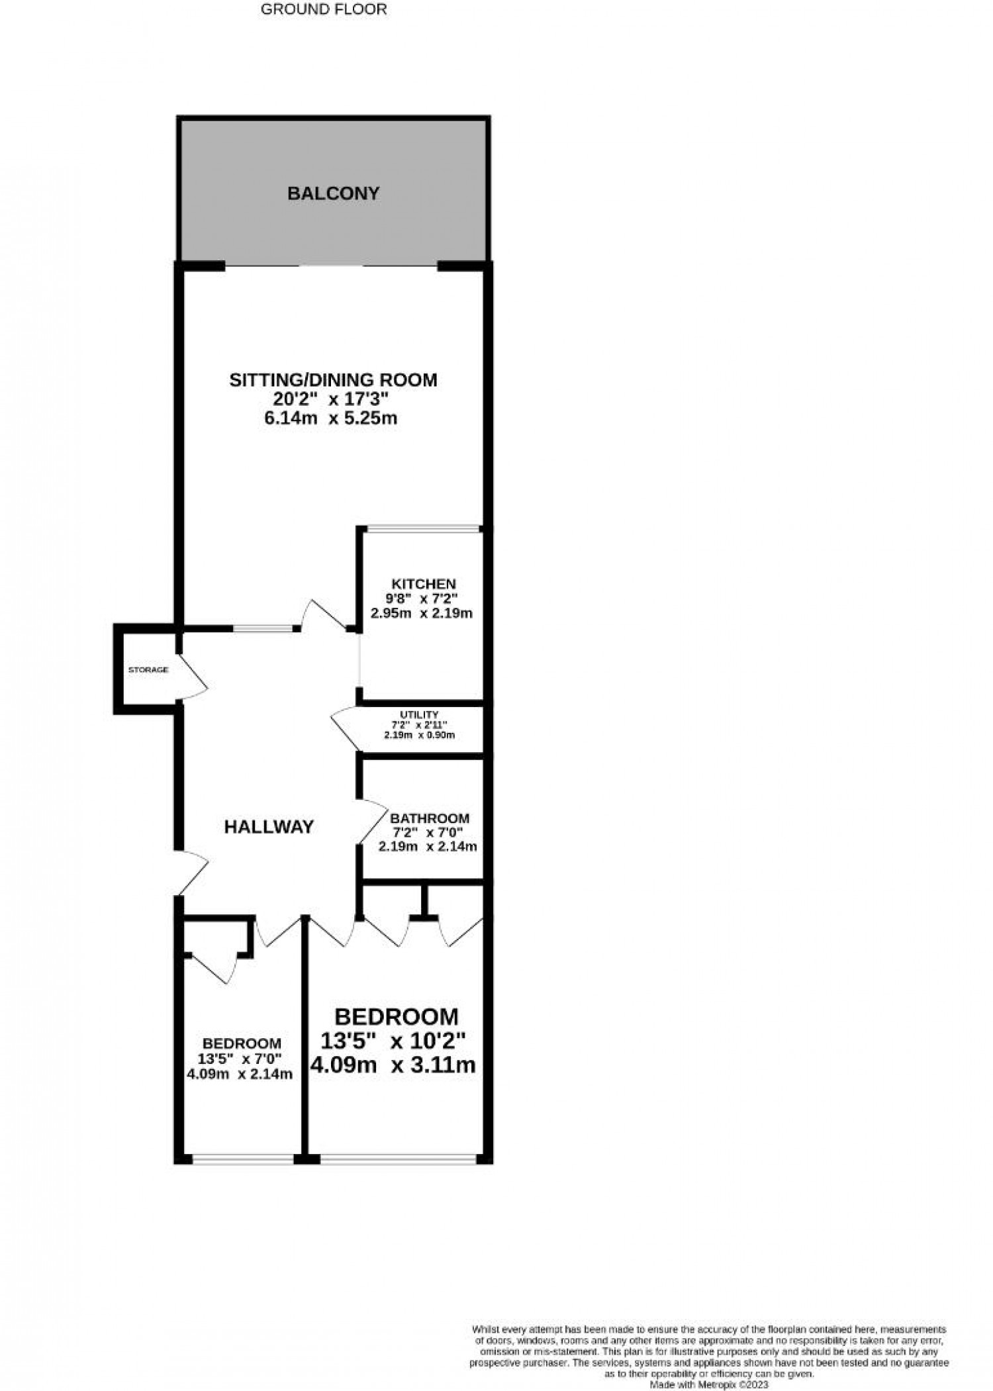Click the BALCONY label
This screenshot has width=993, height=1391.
(333, 193)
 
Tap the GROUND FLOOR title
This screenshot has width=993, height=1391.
(324, 9)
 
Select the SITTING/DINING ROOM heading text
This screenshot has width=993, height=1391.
(333, 380)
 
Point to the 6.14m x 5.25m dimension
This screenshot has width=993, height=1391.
(333, 418)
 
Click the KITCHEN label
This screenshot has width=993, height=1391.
(424, 584)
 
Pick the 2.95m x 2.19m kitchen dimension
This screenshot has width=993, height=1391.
(422, 613)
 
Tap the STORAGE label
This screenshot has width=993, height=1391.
(148, 670)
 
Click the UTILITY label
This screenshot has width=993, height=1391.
(419, 714)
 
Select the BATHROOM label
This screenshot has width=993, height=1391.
(430, 818)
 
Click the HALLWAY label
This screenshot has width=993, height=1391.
(269, 827)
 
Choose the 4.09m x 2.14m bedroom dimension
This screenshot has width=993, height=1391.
(240, 1074)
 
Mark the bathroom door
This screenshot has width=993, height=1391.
(372, 821)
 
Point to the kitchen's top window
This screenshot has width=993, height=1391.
(424, 529)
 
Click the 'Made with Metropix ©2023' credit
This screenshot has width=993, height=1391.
(709, 1384)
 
